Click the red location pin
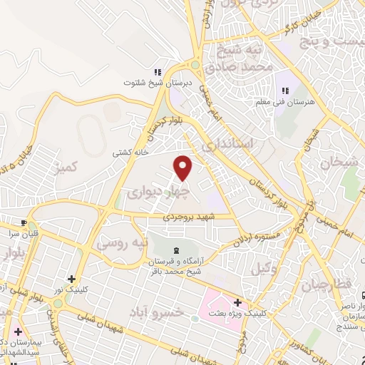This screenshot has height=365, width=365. pyautogui.click(x=184, y=168)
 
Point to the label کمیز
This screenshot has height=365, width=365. pyautogui.click(x=76, y=167)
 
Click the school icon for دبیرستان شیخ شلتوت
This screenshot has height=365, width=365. pyautogui.click(x=158, y=72)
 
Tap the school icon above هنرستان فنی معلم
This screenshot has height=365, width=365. pyautogui.click(x=285, y=91)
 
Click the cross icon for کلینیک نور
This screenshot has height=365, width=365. pyautogui.click(x=71, y=279)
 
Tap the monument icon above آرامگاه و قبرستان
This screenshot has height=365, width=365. pyautogui.click(x=177, y=249)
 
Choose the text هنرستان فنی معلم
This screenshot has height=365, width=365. pyautogui.click(x=285, y=103)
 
